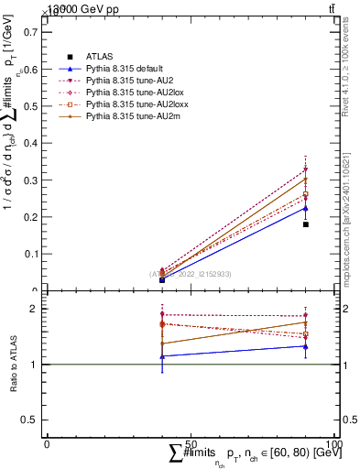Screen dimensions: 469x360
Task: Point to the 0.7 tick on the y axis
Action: (36, 31)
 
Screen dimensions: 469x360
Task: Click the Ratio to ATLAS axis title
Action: (13, 365)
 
